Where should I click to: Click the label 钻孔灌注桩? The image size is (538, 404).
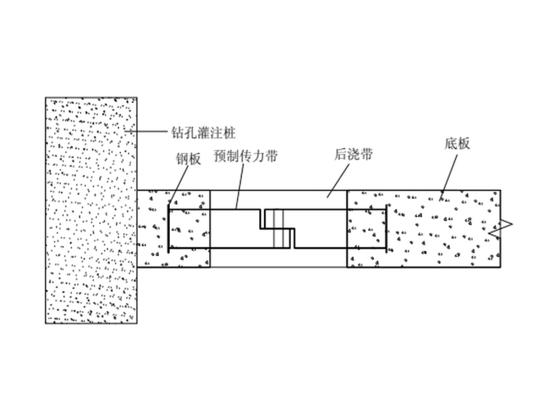[202, 132]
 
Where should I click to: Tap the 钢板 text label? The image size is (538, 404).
[188, 159]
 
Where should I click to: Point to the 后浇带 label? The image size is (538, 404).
[353, 155]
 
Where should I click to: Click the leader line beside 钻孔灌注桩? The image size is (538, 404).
[147, 132]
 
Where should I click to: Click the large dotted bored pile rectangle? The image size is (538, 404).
[91, 210]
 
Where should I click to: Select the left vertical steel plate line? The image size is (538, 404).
[168, 228]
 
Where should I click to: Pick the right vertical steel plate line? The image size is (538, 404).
[385, 228]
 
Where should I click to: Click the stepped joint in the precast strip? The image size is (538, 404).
[278, 228]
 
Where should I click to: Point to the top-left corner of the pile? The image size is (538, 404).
[46, 98]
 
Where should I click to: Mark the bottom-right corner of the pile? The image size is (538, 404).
[137, 322]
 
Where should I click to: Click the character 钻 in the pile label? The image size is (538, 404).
[177, 132]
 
